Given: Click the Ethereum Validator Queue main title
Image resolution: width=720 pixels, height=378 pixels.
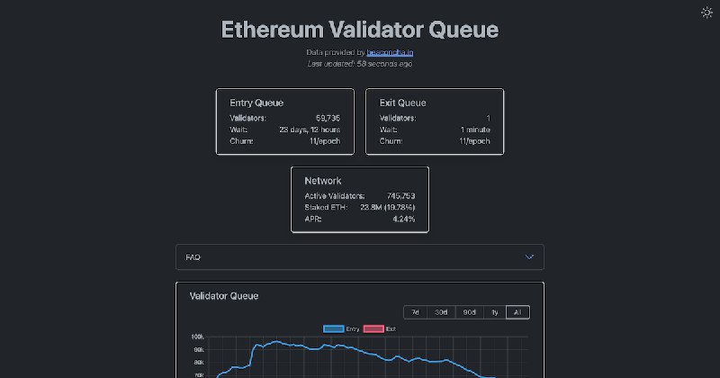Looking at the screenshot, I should pos(360,29).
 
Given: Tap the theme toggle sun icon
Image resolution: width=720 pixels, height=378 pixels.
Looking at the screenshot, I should pos(706,13).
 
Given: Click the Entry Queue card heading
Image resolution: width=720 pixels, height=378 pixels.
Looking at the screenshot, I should pos(256,103).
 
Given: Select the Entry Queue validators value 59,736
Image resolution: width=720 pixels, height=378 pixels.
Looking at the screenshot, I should pos(328,118).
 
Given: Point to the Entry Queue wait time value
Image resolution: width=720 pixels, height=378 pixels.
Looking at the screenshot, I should pos(310,130).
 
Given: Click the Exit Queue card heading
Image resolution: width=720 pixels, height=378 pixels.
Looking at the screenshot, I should pos(403,103).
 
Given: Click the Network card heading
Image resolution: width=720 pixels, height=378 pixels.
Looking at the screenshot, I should pos(323,181).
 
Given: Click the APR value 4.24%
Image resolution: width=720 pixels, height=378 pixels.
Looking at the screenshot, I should pos(403,219).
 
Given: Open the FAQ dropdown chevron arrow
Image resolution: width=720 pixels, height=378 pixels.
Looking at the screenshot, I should pos(529,256).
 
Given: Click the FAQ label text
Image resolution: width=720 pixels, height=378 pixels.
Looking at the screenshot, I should pos(193,257).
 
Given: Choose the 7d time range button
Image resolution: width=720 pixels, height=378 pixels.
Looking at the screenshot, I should pos(415,312).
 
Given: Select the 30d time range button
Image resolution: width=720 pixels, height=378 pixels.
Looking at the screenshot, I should pos(441,312).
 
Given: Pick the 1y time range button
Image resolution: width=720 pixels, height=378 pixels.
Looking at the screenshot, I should pos(494,312).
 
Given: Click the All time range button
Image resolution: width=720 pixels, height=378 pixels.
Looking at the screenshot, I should pos(517,312).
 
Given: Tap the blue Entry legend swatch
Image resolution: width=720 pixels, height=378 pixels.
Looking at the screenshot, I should pos(333,329).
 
